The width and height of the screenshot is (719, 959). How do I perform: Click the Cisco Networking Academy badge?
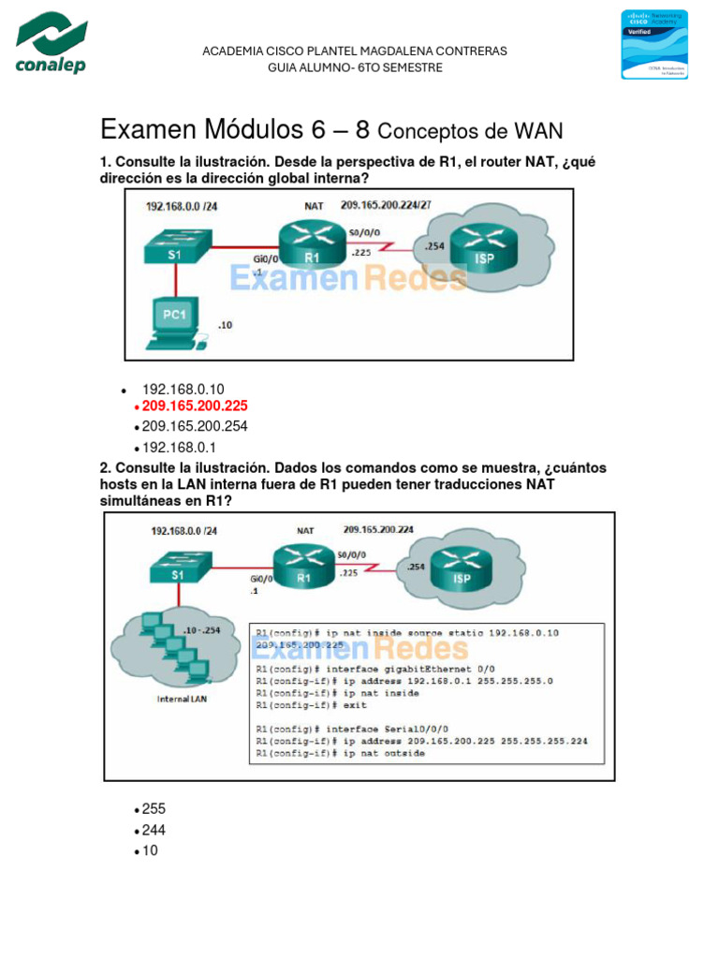tap(654, 44)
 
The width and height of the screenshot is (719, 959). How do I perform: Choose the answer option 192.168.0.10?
tap(183, 390)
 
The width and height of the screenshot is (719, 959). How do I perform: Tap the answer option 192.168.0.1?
tap(179, 447)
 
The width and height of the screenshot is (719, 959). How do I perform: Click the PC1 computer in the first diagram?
tap(175, 322)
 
